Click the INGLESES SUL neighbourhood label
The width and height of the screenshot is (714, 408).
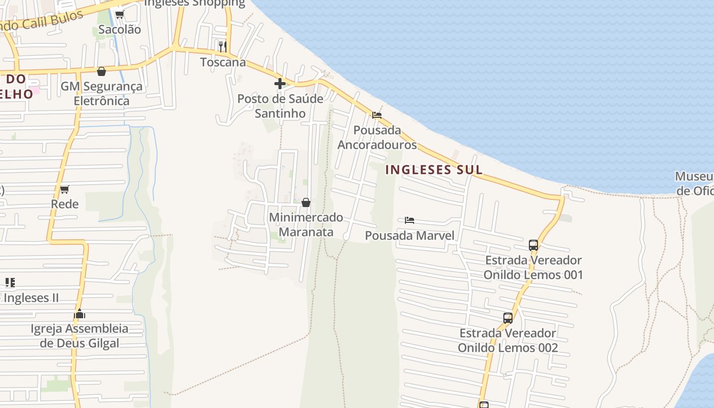click(x=433, y=170)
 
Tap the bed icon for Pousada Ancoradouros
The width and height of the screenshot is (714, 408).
click(x=377, y=115)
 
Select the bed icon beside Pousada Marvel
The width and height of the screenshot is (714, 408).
click(x=409, y=220)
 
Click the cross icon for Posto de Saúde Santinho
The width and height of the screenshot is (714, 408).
click(x=280, y=84)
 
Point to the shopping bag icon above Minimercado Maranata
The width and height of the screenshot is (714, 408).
click(x=306, y=202)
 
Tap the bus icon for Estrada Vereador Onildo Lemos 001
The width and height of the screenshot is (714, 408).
click(x=533, y=245)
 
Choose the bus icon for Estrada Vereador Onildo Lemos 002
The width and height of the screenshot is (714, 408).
click(x=508, y=318)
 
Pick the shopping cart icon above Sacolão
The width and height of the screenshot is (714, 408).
click(x=119, y=14)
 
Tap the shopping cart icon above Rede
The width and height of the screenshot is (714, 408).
click(x=65, y=190)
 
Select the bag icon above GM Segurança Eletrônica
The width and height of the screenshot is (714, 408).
click(x=101, y=71)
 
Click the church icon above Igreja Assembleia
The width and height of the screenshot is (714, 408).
click(x=79, y=314)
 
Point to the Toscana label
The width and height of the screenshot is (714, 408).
click(x=223, y=62)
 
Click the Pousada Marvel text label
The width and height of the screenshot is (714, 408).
click(x=410, y=236)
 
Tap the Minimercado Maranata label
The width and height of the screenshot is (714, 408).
click(x=306, y=225)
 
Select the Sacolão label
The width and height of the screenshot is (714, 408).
click(x=119, y=30)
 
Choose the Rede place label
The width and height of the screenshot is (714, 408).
click(x=65, y=205)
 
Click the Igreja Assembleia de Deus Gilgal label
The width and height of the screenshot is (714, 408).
click(x=79, y=336)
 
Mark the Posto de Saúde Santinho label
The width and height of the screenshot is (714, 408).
click(x=280, y=106)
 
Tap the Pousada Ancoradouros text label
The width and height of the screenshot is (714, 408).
click(x=377, y=137)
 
